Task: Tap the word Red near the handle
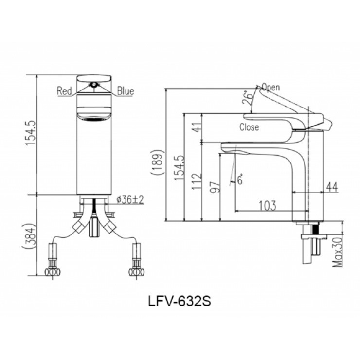click(65, 91)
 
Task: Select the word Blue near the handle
click(125, 91)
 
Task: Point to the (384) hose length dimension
click(29, 237)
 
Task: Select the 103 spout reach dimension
click(266, 205)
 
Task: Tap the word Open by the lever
click(270, 88)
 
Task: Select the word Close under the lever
click(249, 128)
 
